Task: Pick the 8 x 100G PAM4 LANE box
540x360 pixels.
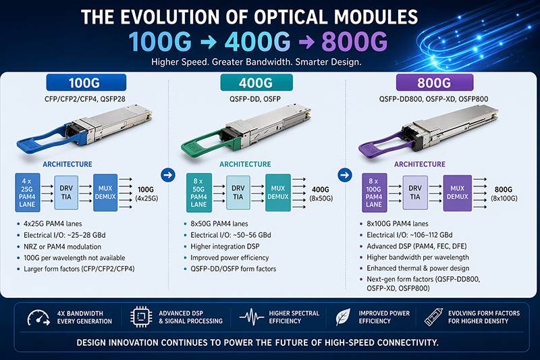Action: (x=374, y=192)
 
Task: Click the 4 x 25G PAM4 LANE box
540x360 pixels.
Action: (x=28, y=192)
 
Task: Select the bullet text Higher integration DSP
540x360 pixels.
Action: (x=225, y=246)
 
